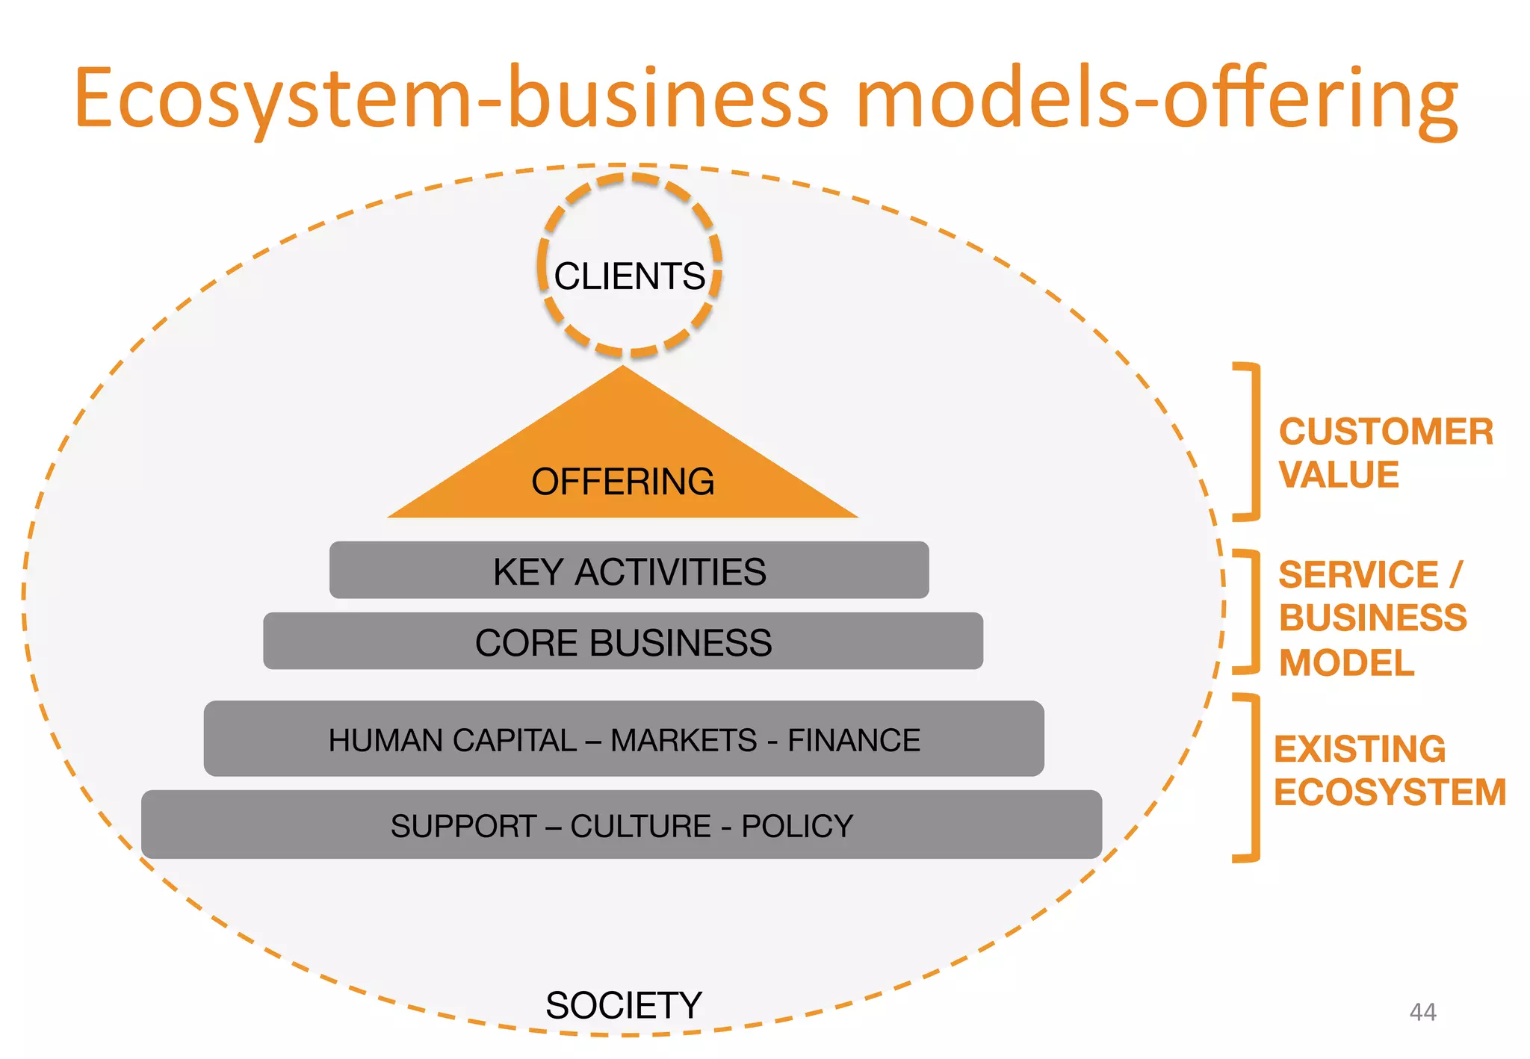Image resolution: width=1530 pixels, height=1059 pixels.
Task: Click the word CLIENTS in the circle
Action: pos(629,276)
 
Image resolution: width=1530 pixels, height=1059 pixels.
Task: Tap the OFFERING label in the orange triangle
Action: pos(622,482)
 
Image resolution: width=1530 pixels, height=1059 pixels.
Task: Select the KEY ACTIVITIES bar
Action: pos(629,571)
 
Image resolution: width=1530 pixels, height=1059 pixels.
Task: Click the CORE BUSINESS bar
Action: pos(623,642)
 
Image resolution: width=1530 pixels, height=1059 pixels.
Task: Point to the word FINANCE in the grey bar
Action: pos(854,740)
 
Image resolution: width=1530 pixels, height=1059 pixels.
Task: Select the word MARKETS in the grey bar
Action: pos(684,740)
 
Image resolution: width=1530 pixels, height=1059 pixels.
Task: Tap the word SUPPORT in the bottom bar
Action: pos(463,826)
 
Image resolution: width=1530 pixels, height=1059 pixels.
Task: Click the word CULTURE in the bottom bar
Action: pos(640,826)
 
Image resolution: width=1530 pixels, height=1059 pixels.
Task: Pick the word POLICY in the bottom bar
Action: pos(796,826)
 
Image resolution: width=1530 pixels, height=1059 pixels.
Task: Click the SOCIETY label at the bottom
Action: pos(624,1005)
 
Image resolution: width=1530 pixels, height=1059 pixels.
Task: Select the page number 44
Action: pos(1422,1012)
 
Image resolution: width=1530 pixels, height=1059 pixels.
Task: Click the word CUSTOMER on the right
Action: pos(1386,432)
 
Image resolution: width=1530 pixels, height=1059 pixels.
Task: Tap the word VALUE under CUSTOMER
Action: pos(1338,475)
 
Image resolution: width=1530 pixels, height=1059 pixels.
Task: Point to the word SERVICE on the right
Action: pos(1358,575)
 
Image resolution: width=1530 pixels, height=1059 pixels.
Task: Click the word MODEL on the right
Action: pos(1346,662)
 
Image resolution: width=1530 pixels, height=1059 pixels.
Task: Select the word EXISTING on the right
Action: pos(1360,749)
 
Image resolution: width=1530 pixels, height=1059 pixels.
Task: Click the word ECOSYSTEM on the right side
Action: pos(1390,792)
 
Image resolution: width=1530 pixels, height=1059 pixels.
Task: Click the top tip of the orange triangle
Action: pos(623,367)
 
